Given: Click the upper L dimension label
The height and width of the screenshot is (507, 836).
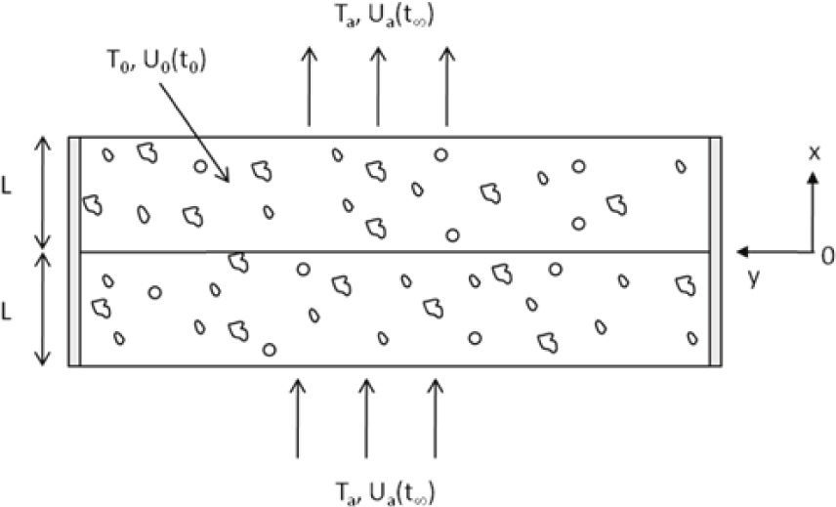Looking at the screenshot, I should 8,189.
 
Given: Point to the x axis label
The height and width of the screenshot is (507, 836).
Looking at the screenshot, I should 813,154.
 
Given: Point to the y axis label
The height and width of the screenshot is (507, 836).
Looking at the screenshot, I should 753,278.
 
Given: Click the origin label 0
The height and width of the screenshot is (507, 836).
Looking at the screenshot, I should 826,256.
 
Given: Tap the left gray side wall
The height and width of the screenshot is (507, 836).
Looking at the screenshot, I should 73,251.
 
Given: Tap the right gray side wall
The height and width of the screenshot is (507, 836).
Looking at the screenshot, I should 716,251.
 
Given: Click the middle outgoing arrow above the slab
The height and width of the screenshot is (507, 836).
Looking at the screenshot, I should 378,88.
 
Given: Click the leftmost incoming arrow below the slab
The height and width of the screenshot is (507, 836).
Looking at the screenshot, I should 298,417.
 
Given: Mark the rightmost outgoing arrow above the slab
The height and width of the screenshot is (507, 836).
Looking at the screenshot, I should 447,88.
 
